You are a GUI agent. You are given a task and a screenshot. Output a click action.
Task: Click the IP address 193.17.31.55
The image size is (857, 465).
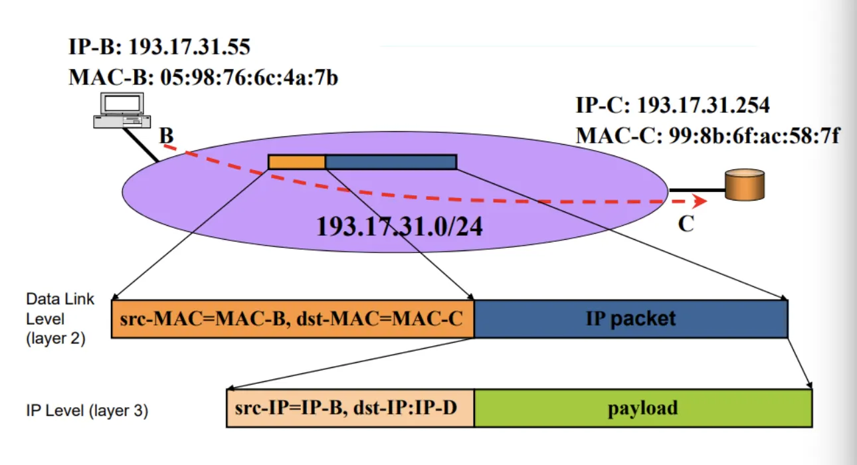pyautogui.click(x=189, y=47)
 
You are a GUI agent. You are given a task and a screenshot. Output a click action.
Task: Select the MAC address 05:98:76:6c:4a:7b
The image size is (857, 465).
pyautogui.click(x=249, y=78)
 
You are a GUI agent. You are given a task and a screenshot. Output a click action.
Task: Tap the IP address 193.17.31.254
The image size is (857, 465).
pyautogui.click(x=703, y=105)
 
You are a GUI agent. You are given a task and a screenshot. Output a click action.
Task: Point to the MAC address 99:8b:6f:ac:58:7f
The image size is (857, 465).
pyautogui.click(x=754, y=136)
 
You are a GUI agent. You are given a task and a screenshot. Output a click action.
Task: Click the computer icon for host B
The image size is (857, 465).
pyautogui.click(x=122, y=110)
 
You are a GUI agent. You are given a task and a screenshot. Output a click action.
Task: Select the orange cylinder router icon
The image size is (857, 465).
pyautogui.click(x=745, y=185)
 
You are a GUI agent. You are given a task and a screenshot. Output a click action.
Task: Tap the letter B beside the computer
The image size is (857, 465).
pyautogui.click(x=167, y=136)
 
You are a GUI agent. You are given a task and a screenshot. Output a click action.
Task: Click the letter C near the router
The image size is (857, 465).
pyautogui.click(x=686, y=224)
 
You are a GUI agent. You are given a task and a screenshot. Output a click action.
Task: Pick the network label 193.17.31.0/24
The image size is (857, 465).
pyautogui.click(x=399, y=227)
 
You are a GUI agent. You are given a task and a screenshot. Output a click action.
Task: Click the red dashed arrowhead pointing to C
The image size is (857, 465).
pyautogui.click(x=700, y=201)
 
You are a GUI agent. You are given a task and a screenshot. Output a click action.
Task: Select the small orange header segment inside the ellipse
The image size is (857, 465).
pyautogui.click(x=297, y=162)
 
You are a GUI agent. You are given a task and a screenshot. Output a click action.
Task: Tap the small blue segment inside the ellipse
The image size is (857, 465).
pyautogui.click(x=391, y=162)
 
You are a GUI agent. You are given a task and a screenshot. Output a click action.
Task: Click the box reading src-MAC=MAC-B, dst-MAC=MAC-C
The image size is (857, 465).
pyautogui.click(x=293, y=319)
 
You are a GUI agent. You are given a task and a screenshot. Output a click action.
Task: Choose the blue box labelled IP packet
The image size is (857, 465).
pyautogui.click(x=631, y=319)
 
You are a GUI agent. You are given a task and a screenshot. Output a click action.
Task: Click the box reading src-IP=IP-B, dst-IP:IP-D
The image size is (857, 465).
pyautogui.click(x=350, y=408)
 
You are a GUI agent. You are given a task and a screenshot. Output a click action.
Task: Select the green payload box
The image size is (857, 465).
pyautogui.click(x=643, y=408)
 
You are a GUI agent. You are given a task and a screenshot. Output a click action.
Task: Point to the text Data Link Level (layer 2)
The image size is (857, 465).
pyautogui.click(x=60, y=319)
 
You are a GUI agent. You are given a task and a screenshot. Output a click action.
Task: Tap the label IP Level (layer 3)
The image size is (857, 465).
pyautogui.click(x=87, y=411)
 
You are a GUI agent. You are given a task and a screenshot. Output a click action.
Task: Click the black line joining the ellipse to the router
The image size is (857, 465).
pyautogui.click(x=697, y=190)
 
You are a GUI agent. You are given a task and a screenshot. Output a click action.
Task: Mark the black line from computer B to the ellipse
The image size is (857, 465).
pyautogui.click(x=140, y=145)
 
